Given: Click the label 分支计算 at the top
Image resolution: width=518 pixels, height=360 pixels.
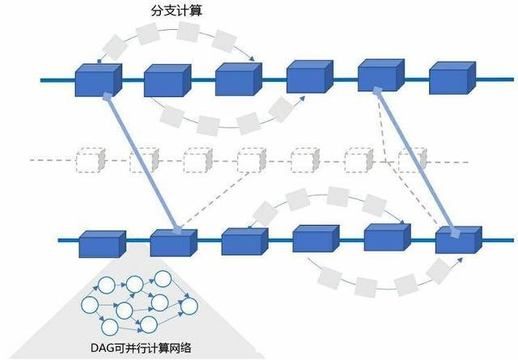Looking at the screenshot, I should click(178, 13).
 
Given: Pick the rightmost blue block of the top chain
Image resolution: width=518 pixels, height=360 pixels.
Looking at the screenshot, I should click(451, 78).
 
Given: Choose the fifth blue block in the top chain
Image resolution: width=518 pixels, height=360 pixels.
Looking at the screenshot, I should click(380, 74).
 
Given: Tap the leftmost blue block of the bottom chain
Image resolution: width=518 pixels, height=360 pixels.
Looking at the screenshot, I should click(101, 244).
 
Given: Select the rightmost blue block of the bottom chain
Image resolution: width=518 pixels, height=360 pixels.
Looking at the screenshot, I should click(457, 239).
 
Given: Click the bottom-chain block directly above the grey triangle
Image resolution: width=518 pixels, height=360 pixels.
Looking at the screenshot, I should click(172, 243).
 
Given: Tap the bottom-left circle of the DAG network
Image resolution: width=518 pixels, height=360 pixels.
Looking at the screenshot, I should click(108, 326).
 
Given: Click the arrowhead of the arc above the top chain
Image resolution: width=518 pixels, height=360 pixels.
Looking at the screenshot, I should click(255, 59).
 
